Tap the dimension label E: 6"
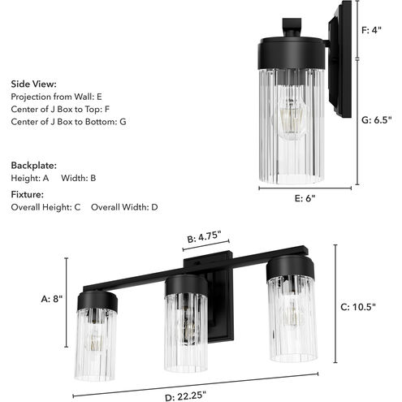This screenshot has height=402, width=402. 306,198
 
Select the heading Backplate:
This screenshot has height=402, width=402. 33,163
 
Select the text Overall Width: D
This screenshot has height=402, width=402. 124,207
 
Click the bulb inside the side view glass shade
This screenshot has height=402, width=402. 289,122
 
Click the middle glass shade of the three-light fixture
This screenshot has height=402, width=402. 185,332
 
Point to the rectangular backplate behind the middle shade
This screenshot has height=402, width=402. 216,309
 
